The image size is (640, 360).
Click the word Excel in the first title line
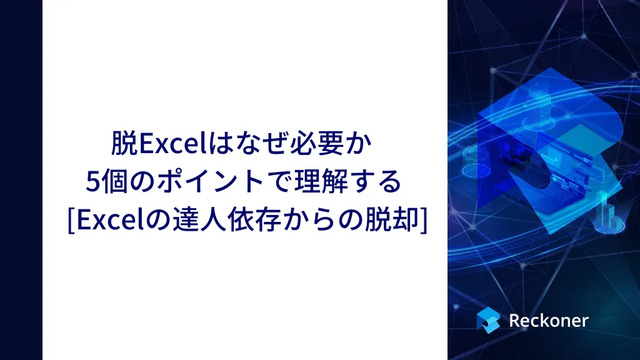pos(174,143)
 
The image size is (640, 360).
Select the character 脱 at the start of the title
pos(124,143)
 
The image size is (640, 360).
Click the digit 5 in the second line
pos(92,182)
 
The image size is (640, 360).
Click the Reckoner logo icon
pos(488,320)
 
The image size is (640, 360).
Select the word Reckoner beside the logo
pos(549,321)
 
